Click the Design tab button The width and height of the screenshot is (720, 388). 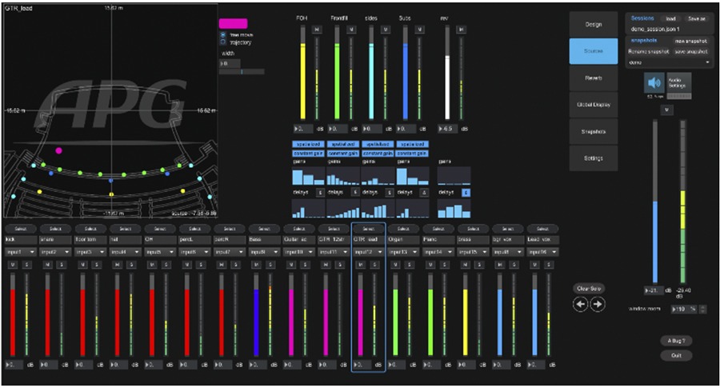point(594,24)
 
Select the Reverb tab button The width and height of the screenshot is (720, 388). point(594,78)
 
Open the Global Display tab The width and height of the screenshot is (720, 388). point(594,104)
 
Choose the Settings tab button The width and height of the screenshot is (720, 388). point(594,158)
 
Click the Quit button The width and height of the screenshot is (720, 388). point(676,355)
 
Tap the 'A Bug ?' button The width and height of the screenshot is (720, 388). point(676,341)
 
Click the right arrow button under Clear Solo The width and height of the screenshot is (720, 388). point(597,304)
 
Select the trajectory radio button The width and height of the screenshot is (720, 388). point(222,42)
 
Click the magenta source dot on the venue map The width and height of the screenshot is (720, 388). point(58,150)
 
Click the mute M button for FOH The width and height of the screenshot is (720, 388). point(317,30)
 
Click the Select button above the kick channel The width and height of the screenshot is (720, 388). point(17,229)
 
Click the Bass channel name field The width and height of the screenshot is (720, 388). point(264,239)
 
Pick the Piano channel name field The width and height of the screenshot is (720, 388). point(440,239)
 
